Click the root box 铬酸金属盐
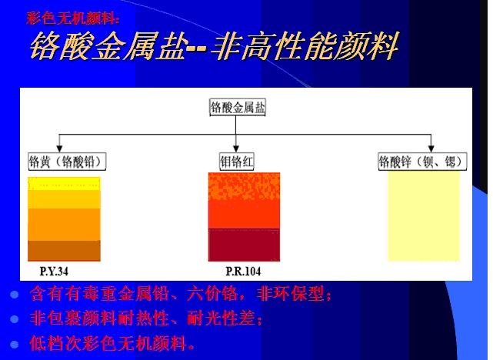[x=237, y=108]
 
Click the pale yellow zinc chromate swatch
[x=424, y=215]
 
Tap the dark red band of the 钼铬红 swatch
[x=244, y=245]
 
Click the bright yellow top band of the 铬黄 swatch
[x=65, y=183]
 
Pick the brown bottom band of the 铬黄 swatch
[x=65, y=251]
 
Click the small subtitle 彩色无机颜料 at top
[x=72, y=16]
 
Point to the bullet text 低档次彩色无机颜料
[x=112, y=342]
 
